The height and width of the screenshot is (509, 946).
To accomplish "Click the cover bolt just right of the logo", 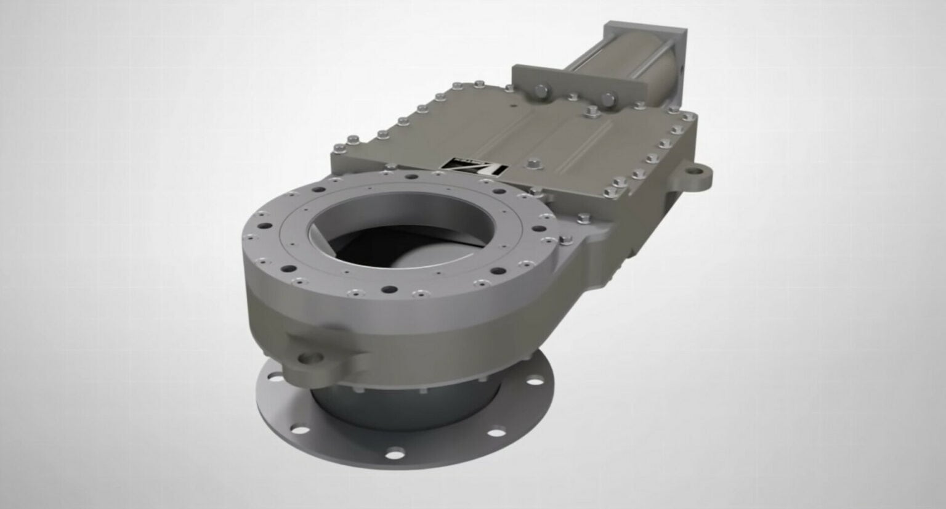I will tap(533, 164).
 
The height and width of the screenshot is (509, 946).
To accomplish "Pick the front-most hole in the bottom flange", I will tap(394, 455).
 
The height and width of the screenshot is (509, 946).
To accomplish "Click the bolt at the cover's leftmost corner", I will tap(339, 149).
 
